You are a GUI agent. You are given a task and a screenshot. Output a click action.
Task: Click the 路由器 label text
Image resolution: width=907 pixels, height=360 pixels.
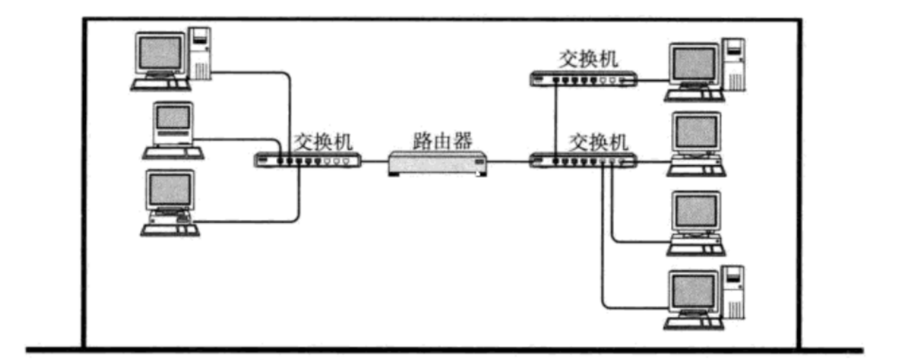click(x=442, y=141)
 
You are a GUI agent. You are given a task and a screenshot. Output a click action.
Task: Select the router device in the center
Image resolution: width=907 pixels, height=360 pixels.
click(x=438, y=163)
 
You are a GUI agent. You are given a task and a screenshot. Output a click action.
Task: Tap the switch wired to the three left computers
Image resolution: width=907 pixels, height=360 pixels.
click(x=307, y=160)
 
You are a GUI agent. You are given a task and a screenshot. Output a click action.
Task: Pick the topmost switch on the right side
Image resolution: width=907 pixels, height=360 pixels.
click(x=584, y=79)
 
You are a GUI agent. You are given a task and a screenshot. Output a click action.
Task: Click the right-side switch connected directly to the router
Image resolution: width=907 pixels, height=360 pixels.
click(x=584, y=161)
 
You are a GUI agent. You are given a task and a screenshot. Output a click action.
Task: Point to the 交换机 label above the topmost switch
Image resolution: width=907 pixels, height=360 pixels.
click(x=588, y=59)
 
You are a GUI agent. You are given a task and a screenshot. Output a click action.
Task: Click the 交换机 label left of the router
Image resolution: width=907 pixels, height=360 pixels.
click(x=323, y=142)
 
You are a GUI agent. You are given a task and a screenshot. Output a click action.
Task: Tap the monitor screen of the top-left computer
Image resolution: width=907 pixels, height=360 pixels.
click(x=160, y=53)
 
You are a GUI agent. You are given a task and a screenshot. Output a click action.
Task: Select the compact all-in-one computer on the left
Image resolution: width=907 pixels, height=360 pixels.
click(x=173, y=130)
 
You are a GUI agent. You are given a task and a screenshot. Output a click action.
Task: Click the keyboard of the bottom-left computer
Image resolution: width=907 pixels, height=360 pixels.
click(x=170, y=229)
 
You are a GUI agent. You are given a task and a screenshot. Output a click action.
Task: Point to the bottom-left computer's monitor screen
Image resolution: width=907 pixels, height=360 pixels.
click(x=170, y=190)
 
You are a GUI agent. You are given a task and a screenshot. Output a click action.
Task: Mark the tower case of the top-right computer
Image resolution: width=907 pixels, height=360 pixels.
click(x=734, y=65)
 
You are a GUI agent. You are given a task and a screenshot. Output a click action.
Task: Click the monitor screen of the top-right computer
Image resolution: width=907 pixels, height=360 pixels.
click(x=694, y=64)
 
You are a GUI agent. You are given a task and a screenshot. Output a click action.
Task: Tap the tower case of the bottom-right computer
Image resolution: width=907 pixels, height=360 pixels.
click(x=734, y=292)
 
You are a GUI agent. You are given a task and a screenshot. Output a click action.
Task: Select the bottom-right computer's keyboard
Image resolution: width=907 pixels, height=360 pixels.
click(x=694, y=323)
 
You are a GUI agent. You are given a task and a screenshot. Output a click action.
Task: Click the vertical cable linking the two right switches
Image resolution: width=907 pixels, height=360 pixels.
click(x=556, y=120)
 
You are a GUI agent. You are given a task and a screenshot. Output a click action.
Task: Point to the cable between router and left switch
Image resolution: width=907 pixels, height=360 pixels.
click(x=374, y=161)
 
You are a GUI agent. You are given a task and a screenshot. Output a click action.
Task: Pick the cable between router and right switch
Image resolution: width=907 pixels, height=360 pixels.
click(x=509, y=162)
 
